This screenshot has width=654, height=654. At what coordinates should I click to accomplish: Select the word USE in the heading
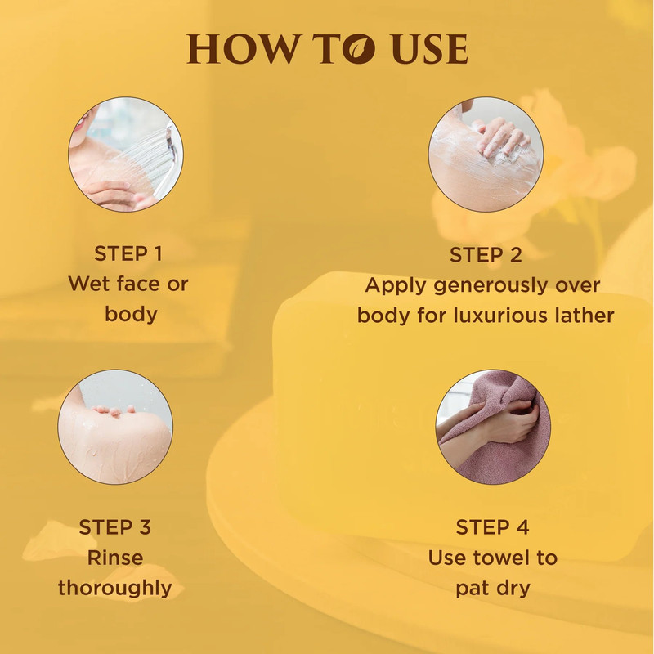click(430, 49)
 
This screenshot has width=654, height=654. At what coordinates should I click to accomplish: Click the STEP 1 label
click(128, 253)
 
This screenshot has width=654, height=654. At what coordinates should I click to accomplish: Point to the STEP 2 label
click(486, 255)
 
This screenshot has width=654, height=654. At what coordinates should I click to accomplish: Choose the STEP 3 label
click(115, 527)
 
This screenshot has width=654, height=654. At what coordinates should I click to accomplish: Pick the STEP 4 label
click(493, 527)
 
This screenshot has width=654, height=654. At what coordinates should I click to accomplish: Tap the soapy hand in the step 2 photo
click(503, 137)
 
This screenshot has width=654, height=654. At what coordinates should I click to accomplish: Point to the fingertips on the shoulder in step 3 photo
click(114, 411)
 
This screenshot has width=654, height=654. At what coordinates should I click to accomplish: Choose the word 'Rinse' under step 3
click(115, 558)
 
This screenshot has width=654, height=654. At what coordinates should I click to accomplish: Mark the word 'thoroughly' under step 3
click(115, 589)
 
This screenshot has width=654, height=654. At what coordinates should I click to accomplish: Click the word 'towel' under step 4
click(504, 558)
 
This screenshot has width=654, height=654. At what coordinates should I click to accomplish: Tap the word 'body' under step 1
click(131, 315)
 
